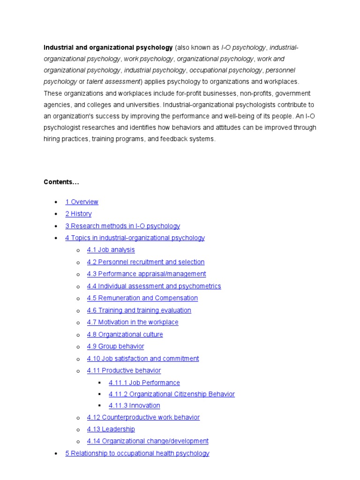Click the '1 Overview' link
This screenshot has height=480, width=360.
[x=82, y=202]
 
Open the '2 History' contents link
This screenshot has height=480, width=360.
[x=78, y=214]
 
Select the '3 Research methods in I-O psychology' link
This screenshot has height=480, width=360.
[x=122, y=226]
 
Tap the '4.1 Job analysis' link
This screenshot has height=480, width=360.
[x=111, y=250]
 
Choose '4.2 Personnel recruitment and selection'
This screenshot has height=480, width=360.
[x=145, y=262]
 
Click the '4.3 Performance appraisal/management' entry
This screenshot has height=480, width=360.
[x=146, y=274]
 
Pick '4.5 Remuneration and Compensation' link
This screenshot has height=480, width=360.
[x=142, y=298]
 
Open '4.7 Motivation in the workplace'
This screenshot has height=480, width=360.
[x=133, y=322]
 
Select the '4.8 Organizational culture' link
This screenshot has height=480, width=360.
[x=125, y=334]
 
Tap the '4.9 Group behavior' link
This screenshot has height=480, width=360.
[x=115, y=346]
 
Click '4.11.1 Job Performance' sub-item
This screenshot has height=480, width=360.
[x=144, y=383]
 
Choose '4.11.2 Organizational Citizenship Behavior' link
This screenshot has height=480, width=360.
[x=172, y=394]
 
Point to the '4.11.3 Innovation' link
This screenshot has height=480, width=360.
[x=134, y=405]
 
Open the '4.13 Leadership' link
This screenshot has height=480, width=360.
[x=111, y=429]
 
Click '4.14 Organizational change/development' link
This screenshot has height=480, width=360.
[x=148, y=441]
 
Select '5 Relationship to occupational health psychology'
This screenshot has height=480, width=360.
[x=137, y=453]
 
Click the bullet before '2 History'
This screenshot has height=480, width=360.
[x=56, y=214]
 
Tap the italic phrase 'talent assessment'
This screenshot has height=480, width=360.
[x=114, y=82]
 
